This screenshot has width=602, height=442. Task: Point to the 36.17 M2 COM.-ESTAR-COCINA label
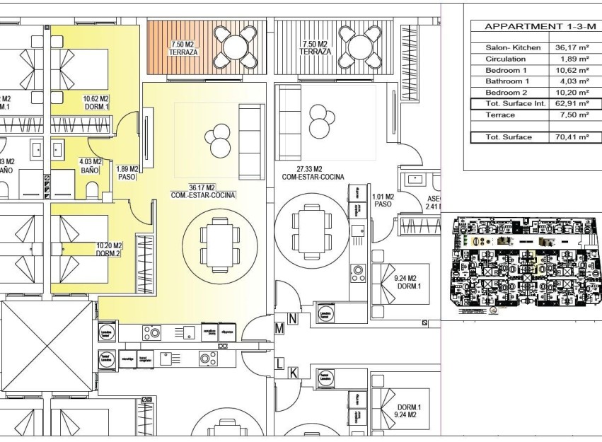click(x=202, y=191)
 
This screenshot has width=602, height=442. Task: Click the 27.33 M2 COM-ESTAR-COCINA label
click(x=312, y=173)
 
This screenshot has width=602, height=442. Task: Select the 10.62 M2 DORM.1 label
click(x=95, y=103)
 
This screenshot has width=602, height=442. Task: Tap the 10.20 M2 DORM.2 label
click(x=109, y=249)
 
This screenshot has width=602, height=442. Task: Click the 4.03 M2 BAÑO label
click(x=91, y=165)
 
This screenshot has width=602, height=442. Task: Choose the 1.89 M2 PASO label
click(x=127, y=173)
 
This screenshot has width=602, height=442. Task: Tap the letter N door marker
click(x=293, y=319)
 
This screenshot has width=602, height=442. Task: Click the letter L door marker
click(x=279, y=364)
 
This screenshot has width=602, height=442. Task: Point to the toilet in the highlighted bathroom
click(x=91, y=190)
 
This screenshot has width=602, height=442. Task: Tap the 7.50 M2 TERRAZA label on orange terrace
click(x=183, y=48)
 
